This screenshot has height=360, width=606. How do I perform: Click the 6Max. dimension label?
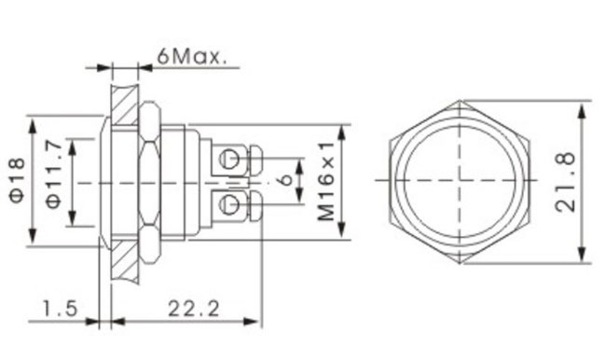[x=191, y=57]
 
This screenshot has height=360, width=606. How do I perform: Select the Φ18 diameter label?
[x=18, y=180]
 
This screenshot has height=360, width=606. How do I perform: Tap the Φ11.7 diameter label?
[x=53, y=174]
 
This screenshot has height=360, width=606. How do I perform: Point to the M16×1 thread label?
[x=325, y=181]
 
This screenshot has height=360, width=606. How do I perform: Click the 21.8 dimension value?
[x=565, y=182]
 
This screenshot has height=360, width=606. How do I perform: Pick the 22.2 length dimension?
[x=193, y=309]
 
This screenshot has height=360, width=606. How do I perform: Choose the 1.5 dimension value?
[x=60, y=309]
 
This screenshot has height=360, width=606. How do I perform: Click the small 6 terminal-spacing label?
[x=285, y=179]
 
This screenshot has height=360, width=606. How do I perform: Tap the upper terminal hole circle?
[x=228, y=158]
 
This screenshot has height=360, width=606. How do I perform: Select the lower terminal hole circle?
[x=228, y=203]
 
